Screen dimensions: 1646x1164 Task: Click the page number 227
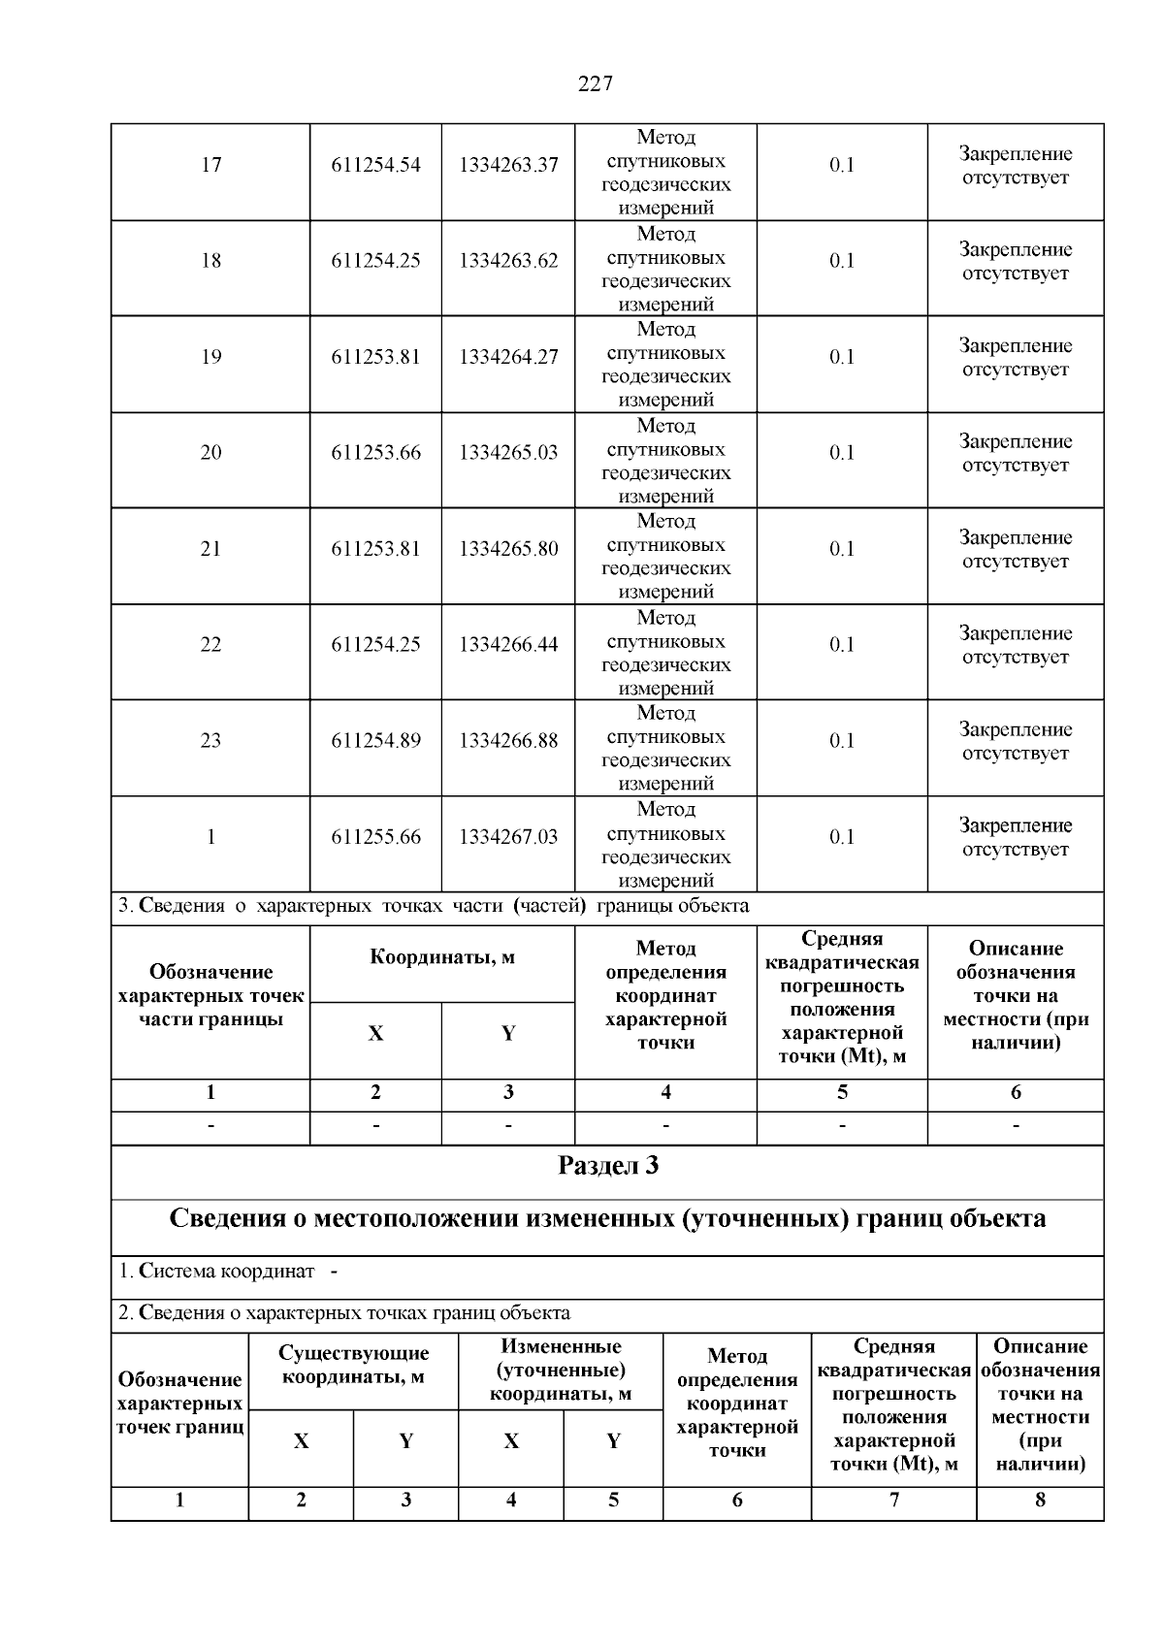595,84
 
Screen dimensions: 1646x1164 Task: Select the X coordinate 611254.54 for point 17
375,165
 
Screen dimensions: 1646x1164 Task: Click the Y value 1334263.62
508,261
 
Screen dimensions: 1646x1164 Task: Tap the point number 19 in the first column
210,357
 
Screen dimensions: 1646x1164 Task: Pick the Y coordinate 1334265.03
508,453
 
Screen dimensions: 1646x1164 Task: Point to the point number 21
210,549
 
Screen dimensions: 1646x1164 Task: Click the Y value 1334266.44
508,645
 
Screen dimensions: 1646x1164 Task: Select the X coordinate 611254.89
375,741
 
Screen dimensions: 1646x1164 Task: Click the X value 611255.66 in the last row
375,837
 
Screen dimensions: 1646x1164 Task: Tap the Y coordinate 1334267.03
508,837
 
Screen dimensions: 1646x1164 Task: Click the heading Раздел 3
608,1165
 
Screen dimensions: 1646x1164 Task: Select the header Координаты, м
442,958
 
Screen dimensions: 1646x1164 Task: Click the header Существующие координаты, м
353,1365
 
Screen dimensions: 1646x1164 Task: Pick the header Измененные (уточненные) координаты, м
561,1370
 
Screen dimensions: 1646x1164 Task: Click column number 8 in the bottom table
1040,1501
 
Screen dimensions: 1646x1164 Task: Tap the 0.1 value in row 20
841,453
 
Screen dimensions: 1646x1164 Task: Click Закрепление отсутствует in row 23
1016,741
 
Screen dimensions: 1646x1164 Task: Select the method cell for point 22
665,653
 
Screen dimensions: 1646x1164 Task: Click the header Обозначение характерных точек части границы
210,996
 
